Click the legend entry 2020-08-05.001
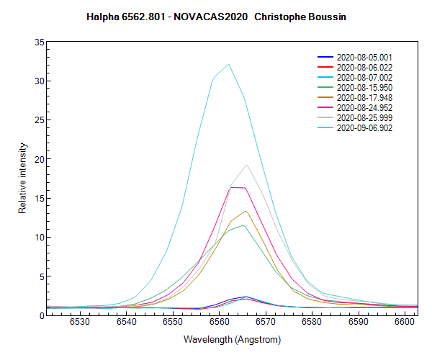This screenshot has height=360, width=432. [364, 57]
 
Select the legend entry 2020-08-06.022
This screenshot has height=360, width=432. [364, 67]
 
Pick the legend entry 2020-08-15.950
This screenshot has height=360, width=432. [364, 87]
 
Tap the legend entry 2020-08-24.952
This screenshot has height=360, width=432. [364, 107]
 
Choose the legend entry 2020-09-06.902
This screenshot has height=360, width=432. [364, 127]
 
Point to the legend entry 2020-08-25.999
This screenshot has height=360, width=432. [364, 117]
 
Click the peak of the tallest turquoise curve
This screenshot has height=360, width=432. [228, 64]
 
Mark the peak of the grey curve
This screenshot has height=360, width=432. [247, 166]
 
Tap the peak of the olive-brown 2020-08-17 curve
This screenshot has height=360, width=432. [246, 211]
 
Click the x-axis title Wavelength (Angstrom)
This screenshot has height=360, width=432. [232, 338]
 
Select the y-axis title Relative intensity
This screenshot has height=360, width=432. [23, 178]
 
